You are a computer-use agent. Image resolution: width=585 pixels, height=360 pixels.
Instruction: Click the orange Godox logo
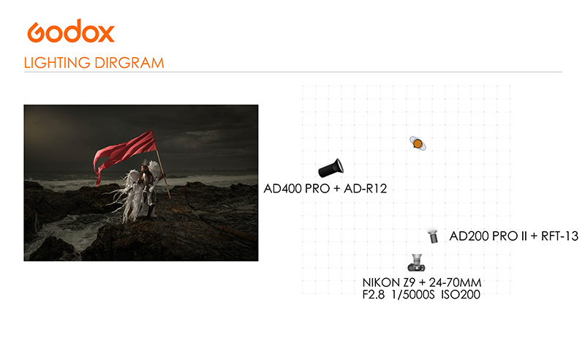(71, 31)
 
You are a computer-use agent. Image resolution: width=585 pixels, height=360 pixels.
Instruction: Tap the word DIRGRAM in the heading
(129, 63)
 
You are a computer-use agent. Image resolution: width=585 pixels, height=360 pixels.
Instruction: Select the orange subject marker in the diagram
(418, 143)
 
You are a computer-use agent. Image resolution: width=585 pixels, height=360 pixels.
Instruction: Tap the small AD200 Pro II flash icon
(433, 236)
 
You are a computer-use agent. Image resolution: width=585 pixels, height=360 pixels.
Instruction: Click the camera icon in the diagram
(416, 263)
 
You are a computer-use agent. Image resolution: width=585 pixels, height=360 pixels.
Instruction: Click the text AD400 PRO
(297, 189)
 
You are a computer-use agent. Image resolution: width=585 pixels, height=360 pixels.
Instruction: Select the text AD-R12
(365, 189)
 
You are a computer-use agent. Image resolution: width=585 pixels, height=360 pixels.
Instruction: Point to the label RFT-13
(559, 236)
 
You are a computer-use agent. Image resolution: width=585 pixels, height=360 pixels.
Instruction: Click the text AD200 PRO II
(488, 236)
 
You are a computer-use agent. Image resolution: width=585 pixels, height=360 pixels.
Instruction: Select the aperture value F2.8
(374, 295)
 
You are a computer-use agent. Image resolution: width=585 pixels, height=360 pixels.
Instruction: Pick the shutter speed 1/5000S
(413, 295)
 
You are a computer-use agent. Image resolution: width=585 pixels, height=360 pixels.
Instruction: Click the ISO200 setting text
(461, 295)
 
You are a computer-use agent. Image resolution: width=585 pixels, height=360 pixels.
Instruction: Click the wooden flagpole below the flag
(164, 176)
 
